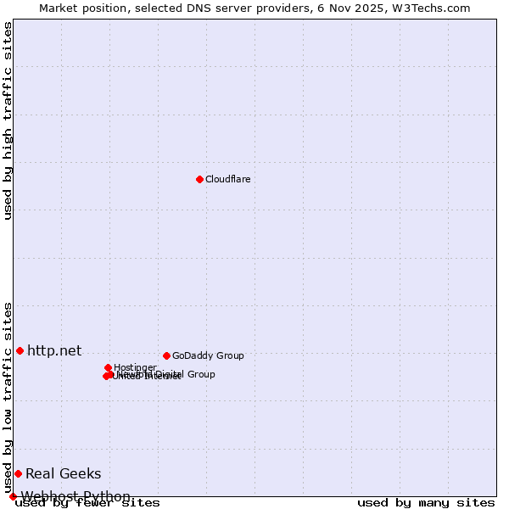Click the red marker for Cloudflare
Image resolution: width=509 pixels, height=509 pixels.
point(199,179)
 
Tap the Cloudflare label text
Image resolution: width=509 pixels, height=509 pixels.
point(228,179)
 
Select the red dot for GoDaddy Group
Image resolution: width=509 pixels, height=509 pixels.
point(166,355)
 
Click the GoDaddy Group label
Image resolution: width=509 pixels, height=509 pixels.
point(208,355)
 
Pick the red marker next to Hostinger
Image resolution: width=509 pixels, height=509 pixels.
point(109,367)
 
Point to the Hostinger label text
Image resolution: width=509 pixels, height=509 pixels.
point(135,367)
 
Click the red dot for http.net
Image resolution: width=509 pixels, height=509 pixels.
point(20,350)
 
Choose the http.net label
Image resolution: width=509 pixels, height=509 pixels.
point(54,350)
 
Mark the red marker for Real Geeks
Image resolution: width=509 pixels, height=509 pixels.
point(18,473)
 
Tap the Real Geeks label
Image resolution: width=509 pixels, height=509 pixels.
point(63,473)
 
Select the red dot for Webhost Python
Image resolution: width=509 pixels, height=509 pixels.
point(13,496)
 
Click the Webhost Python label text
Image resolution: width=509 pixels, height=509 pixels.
point(76,496)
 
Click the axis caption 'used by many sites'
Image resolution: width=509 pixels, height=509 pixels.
point(426,503)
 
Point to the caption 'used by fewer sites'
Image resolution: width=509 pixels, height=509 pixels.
point(87,503)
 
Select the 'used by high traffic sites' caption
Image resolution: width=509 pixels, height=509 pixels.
point(8,120)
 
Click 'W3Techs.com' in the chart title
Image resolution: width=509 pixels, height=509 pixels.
point(437,8)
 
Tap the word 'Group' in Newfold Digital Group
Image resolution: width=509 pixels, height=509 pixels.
point(200,374)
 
